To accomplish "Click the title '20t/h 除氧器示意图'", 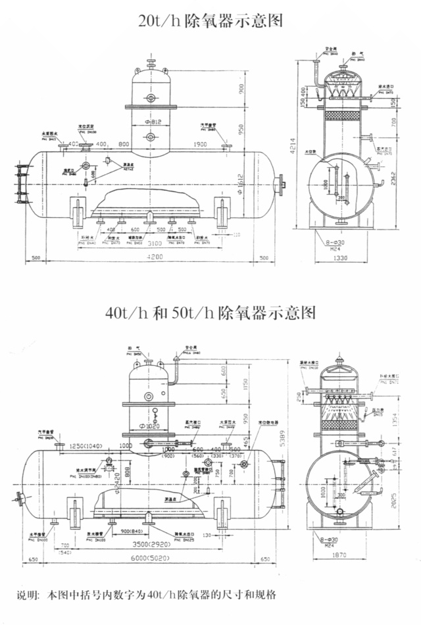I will [x=210, y=20].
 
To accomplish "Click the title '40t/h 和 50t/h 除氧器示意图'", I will [x=210, y=312].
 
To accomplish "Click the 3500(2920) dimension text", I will [x=149, y=545].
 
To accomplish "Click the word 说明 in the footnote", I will [x=27, y=595].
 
